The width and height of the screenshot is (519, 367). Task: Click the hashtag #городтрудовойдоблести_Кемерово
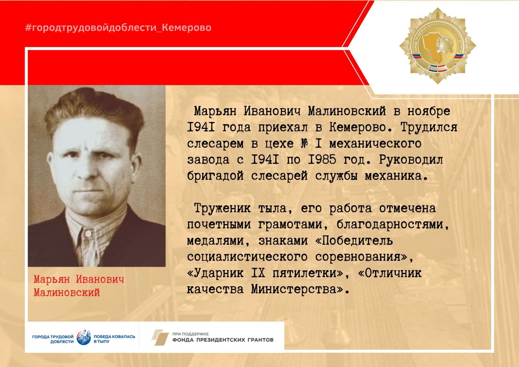pyautogui.click(x=118, y=28)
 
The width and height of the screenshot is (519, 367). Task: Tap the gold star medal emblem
pyautogui.click(x=438, y=46)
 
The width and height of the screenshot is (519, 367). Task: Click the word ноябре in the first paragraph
pyautogui.click(x=428, y=111)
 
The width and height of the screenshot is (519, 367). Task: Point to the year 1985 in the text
pyautogui.click(x=322, y=160)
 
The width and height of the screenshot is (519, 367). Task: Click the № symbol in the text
pyautogui.click(x=305, y=143)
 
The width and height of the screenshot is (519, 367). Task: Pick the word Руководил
pyautogui.click(x=411, y=160)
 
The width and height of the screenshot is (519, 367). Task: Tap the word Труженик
pyautogui.click(x=222, y=208)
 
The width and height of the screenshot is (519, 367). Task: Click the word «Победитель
pyautogui.click(x=354, y=241)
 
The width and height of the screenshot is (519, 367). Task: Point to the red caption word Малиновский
pyautogui.click(x=67, y=293)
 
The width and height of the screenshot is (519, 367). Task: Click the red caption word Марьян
pyautogui.click(x=52, y=279)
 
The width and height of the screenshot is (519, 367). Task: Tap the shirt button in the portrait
pyautogui.click(x=88, y=233)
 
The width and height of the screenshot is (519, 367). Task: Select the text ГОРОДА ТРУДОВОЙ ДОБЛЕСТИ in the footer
pyautogui.click(x=53, y=339)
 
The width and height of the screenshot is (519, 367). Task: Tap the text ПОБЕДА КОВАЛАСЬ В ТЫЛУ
pyautogui.click(x=114, y=339)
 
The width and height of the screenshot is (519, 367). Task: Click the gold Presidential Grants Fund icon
pyautogui.click(x=160, y=337)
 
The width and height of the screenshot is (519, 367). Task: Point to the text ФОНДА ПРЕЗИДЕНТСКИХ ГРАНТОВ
pyautogui.click(x=223, y=340)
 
